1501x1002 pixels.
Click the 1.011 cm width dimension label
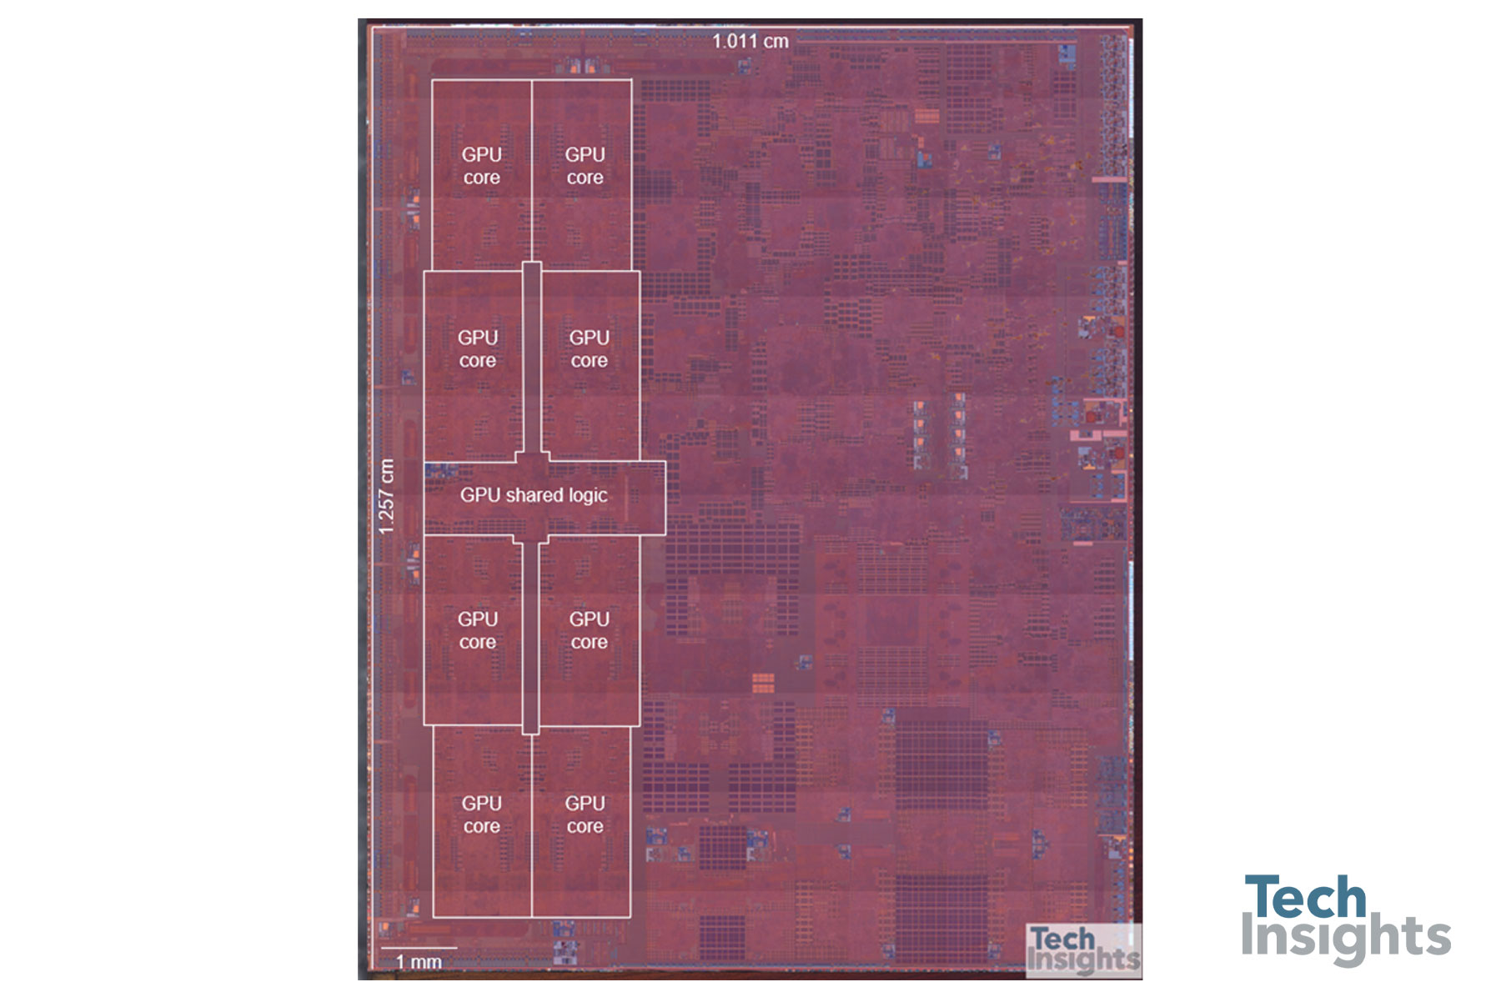click(x=750, y=41)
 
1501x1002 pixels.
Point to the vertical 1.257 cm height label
click(x=385, y=497)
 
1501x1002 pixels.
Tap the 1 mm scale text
click(x=419, y=962)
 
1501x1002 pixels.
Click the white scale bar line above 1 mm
click(x=419, y=948)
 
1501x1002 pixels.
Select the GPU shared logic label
click(x=534, y=495)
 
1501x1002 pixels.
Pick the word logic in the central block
click(x=588, y=496)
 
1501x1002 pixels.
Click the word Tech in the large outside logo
click(x=1305, y=897)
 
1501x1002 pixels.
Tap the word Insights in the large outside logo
click(x=1346, y=937)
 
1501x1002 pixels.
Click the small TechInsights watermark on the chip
click(x=1083, y=949)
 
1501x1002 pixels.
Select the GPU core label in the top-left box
click(x=482, y=166)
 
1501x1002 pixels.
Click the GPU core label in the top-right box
click(x=585, y=166)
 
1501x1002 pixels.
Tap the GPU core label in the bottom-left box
click(x=482, y=814)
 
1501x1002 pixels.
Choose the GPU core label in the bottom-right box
click(x=585, y=814)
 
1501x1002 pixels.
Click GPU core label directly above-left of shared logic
click(x=478, y=349)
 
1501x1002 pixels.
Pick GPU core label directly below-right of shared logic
click(x=590, y=630)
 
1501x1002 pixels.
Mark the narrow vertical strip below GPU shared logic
click(x=530, y=638)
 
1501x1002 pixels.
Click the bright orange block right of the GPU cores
click(x=763, y=683)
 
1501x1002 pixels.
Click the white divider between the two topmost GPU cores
click(x=532, y=171)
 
